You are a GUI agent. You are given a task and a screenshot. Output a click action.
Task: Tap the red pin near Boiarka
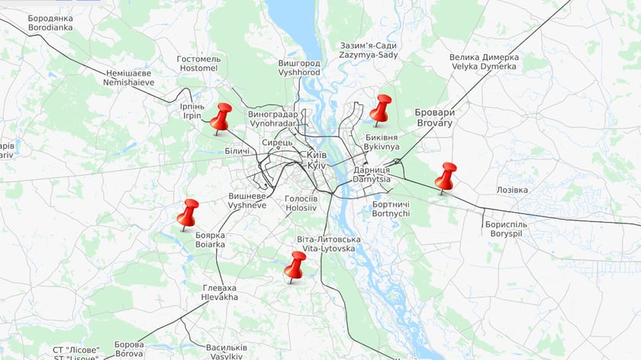pos(188,213)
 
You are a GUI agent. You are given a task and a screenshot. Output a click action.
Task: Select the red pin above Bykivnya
pos(381,108)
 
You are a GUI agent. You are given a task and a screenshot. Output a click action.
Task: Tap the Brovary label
pos(435,117)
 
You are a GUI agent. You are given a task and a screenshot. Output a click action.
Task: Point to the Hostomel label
pos(198,63)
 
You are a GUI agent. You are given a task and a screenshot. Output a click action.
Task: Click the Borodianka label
pos(50,22)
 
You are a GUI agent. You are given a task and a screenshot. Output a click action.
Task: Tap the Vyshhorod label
pos(300,67)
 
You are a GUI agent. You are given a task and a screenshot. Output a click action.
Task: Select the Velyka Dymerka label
pos(484,62)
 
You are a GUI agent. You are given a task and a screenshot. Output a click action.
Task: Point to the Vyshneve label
pos(248,201)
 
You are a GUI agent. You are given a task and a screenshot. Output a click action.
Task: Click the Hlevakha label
pos(220,292)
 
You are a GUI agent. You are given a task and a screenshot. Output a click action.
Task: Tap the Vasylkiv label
pos(226,352)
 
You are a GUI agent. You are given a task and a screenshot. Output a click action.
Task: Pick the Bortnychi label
pos(391,208)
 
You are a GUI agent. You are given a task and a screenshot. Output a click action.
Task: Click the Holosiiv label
pos(301,202)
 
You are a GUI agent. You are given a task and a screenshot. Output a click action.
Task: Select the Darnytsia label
pos(372,174)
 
